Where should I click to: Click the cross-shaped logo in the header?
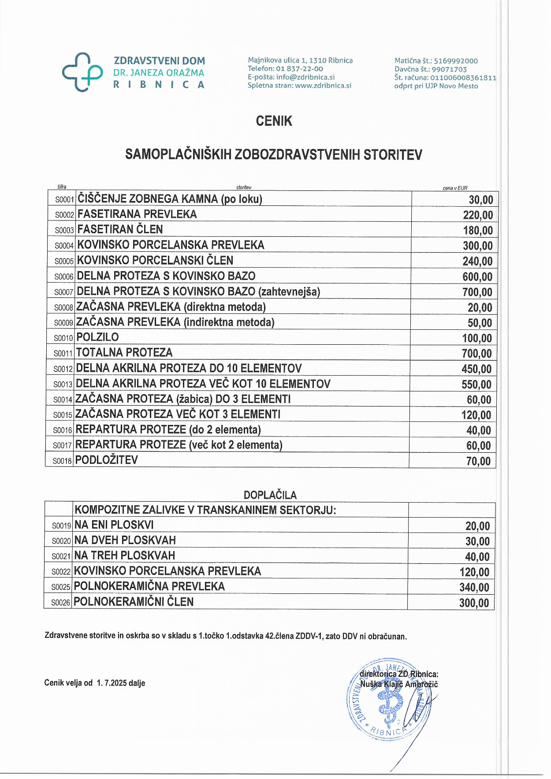tap(82, 72)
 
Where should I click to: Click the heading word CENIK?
tap(274, 121)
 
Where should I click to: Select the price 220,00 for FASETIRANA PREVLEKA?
tap(478, 215)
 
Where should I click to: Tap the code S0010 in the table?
tap(63, 338)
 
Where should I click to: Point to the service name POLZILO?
tap(97, 337)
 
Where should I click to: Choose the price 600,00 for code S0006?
tap(477, 277)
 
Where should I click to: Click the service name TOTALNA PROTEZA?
tap(124, 353)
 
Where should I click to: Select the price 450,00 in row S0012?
tap(477, 369)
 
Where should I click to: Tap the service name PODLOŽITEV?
tap(107, 460)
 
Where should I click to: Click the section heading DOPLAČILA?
tap(270, 495)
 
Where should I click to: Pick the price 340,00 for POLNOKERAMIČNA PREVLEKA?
tap(474, 588)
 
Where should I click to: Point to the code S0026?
tap(61, 603)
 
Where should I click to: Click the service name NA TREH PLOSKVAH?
tap(125, 555)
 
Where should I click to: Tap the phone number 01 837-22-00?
tap(299, 69)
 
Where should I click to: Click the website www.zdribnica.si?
tap(323, 86)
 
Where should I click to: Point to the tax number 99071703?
tap(449, 69)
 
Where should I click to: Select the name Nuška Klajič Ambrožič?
tap(399, 684)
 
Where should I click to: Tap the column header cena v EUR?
tap(455, 188)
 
